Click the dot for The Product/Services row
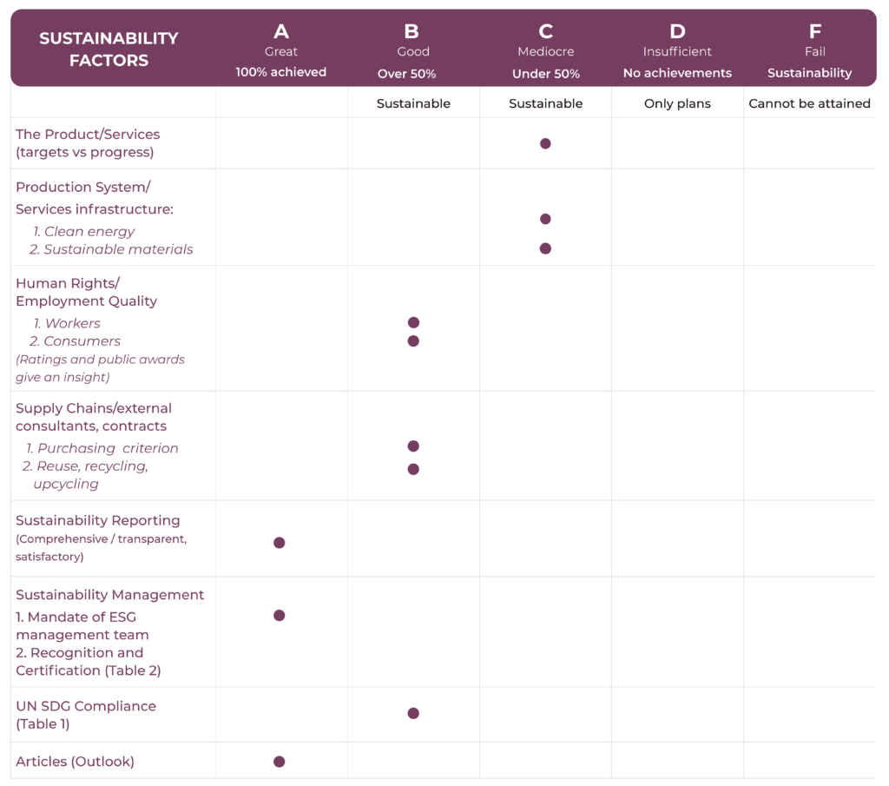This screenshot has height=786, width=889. click(545, 143)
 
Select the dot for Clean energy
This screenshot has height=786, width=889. click(545, 219)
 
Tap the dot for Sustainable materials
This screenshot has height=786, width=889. click(545, 248)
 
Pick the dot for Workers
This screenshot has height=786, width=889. click(413, 322)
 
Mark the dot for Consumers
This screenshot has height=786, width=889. click(413, 340)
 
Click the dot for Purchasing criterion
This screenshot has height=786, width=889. click(413, 446)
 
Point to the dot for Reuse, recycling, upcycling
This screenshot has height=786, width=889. click(413, 469)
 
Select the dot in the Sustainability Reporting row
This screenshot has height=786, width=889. click(280, 543)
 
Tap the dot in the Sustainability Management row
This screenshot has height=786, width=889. click(280, 616)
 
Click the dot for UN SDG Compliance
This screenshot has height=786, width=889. click(413, 713)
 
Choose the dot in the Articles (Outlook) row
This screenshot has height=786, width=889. click(280, 762)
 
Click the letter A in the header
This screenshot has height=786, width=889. click(281, 32)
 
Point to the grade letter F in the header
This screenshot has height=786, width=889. click(814, 32)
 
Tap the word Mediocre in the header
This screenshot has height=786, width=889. click(545, 52)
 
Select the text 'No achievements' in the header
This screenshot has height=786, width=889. click(677, 73)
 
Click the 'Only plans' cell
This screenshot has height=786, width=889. click(677, 103)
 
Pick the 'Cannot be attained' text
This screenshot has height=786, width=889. click(809, 103)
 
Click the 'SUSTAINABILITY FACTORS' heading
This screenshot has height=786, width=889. click(109, 50)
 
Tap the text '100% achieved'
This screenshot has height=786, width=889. click(281, 72)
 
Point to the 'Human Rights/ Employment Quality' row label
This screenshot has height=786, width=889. click(86, 292)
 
